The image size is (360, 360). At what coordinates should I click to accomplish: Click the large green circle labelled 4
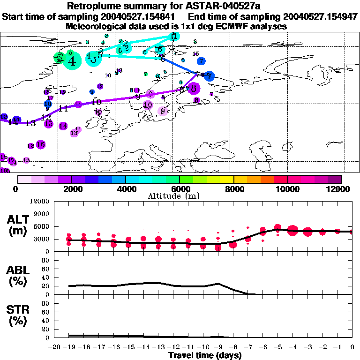(x=71, y=60)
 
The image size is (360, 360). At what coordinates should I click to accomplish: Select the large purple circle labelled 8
(x=193, y=88)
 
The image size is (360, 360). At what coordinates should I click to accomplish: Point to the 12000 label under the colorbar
(x=340, y=189)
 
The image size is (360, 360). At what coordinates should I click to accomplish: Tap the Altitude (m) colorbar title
(x=180, y=196)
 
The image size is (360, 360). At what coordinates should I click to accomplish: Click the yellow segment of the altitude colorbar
(x=227, y=179)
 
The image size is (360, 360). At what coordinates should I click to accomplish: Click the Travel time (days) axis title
(x=205, y=355)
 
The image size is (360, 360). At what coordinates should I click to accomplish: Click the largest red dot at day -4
(x=293, y=230)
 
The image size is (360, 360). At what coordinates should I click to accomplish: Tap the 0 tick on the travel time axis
(x=352, y=347)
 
